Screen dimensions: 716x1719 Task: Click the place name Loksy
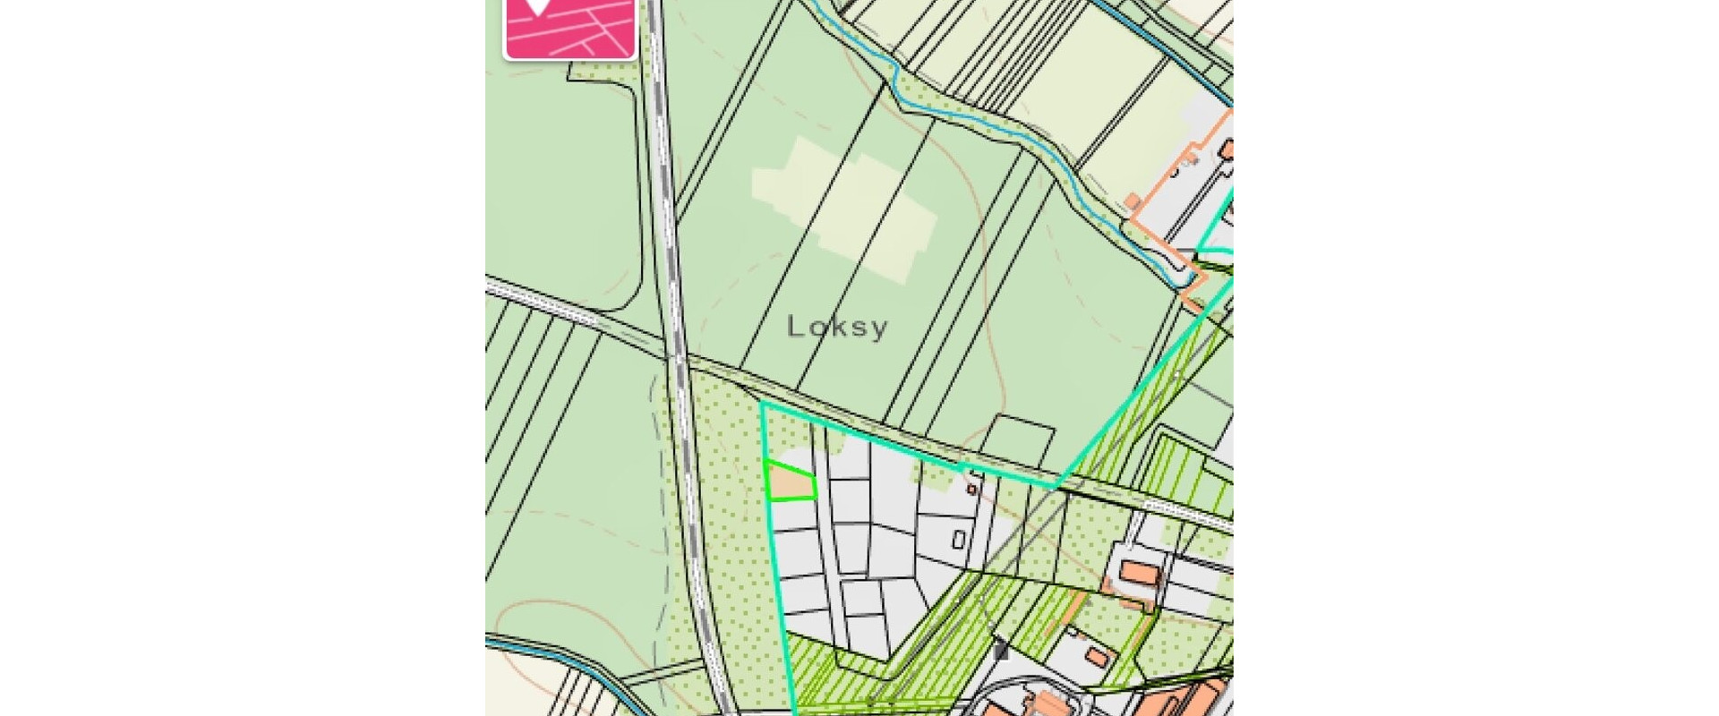(x=837, y=327)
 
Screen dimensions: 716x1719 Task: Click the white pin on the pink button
(x=537, y=5)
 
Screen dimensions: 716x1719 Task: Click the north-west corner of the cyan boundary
(x=762, y=405)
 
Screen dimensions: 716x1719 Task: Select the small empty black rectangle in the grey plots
(x=958, y=540)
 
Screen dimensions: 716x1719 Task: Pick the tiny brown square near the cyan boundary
(x=971, y=490)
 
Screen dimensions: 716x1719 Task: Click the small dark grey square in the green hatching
(x=1001, y=652)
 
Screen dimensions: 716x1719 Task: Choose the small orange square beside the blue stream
(x=1133, y=200)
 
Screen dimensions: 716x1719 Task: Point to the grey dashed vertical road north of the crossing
(x=663, y=179)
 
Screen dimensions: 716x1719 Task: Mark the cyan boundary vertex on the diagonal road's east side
(x=1056, y=487)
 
